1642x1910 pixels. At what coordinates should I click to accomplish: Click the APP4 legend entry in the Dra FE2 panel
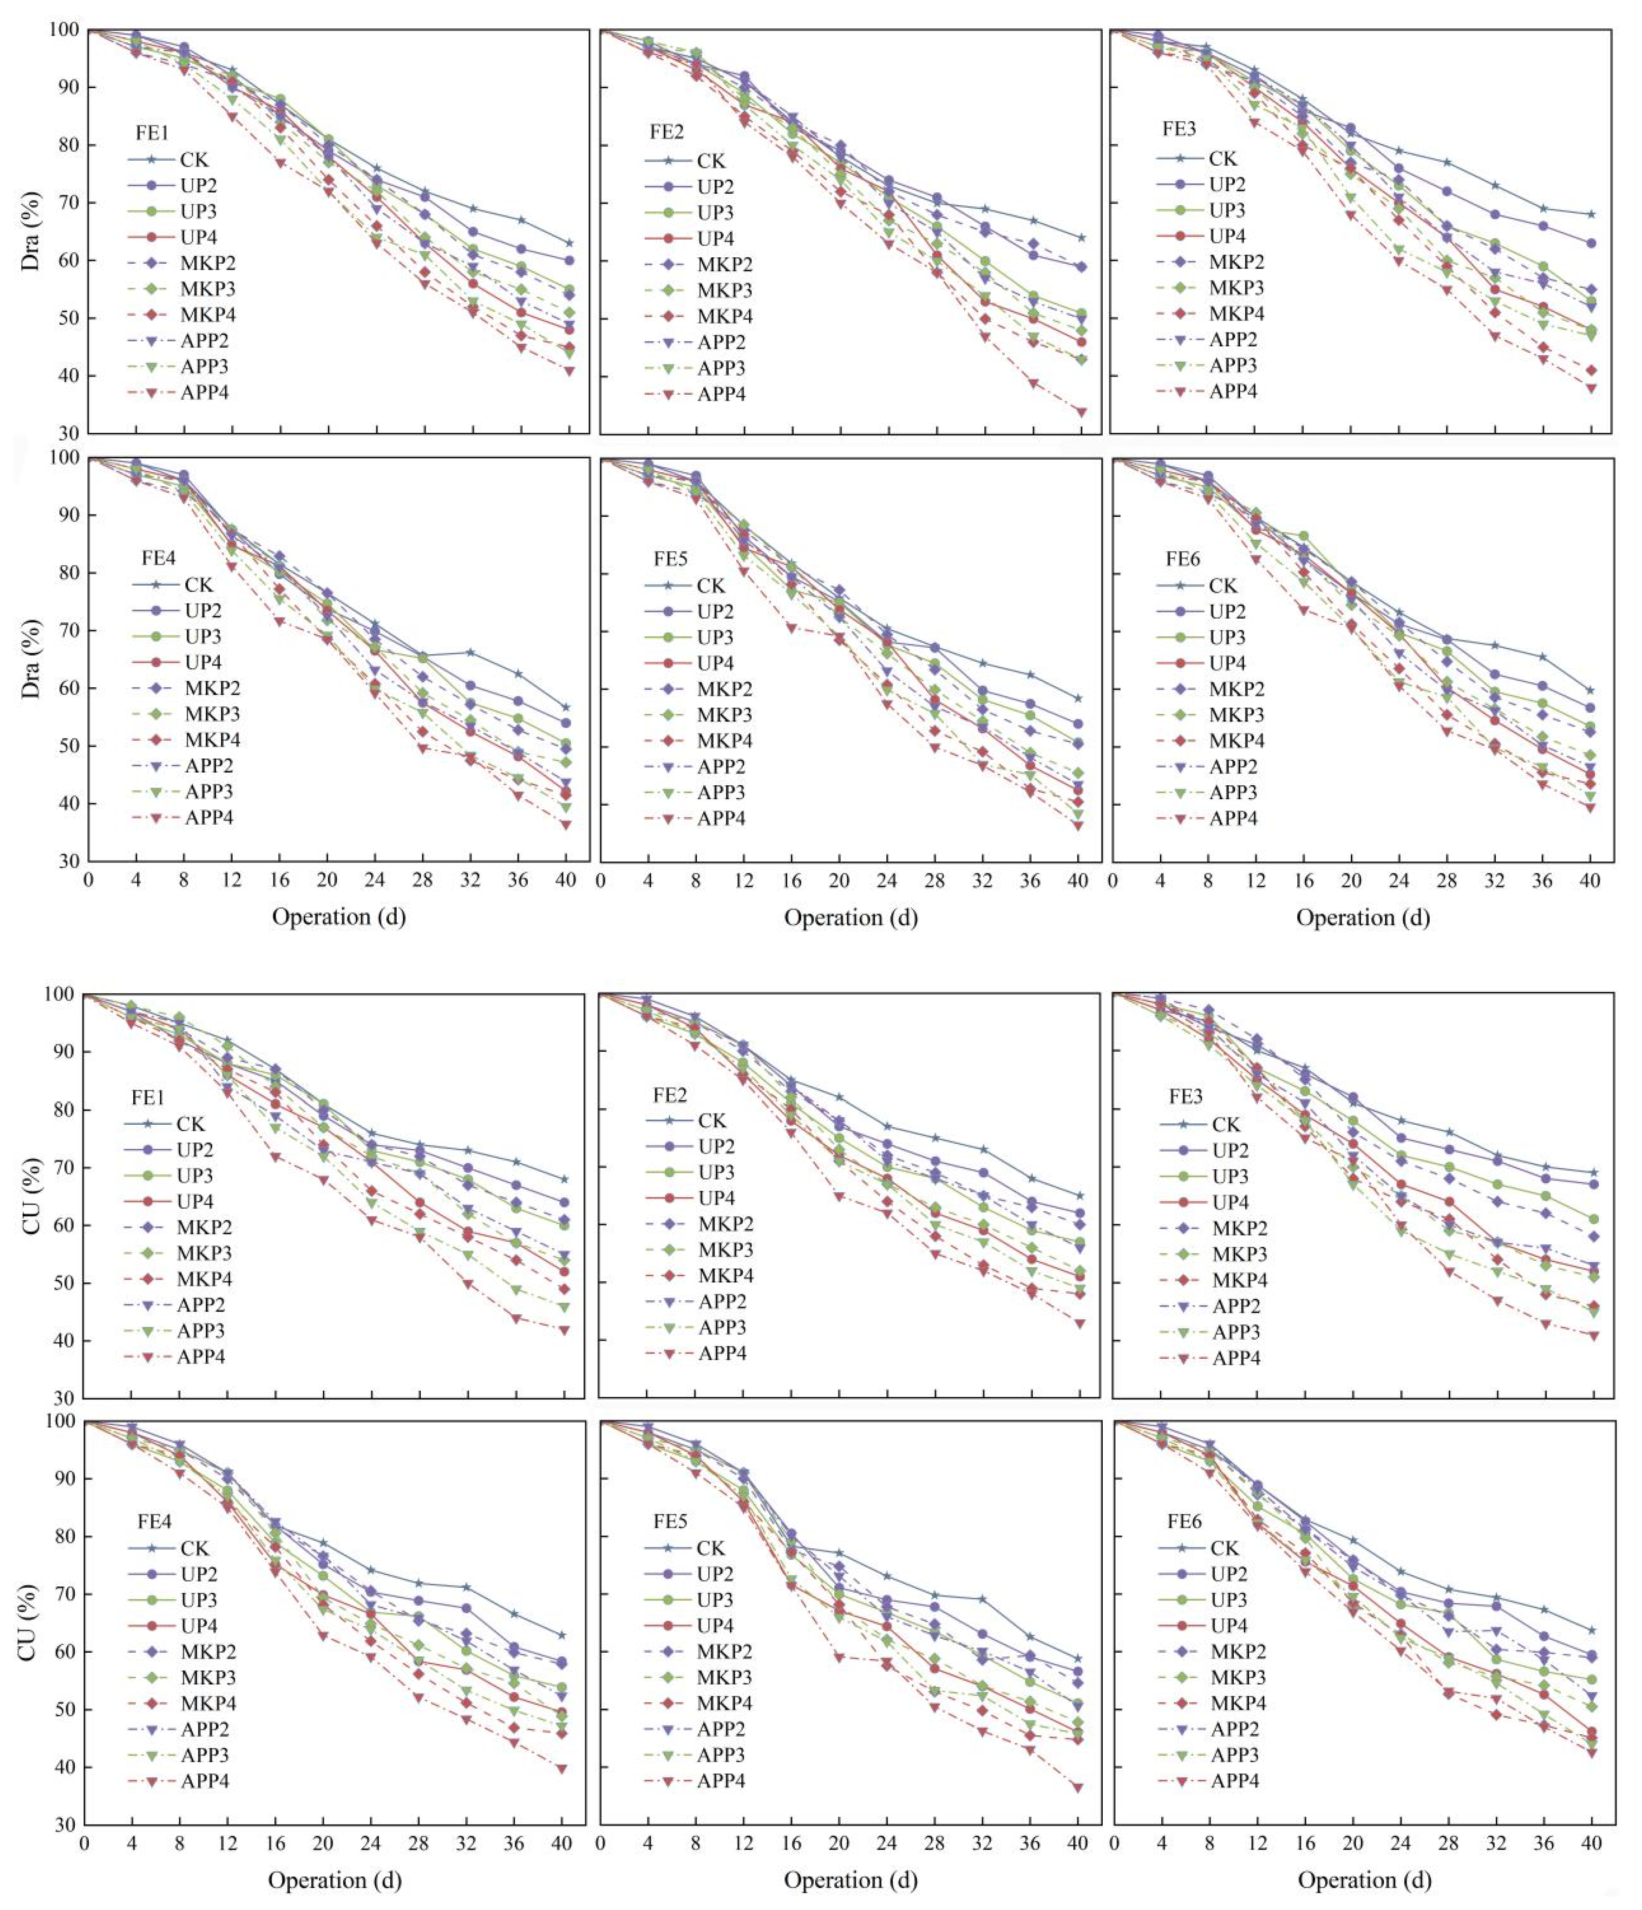721,394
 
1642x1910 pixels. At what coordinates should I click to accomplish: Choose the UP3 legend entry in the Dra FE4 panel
203,636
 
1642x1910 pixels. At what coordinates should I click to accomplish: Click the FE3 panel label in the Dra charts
1178,128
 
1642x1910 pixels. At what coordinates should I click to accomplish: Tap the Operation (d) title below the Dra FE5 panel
850,917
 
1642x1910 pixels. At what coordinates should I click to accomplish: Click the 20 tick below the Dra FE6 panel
1351,880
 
